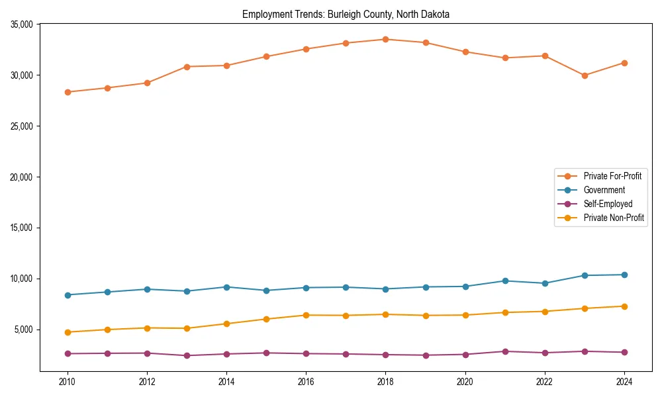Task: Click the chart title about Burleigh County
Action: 346,15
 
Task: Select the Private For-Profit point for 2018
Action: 385,39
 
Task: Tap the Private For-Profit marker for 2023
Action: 585,75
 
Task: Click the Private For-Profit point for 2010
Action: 68,92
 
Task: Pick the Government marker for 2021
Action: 505,281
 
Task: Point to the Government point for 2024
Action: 624,275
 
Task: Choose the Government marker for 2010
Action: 68,295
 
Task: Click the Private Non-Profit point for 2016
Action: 306,315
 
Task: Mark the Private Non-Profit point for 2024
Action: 624,306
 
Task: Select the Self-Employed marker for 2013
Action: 187,355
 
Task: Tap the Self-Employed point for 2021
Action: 505,351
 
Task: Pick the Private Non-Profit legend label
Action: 614,218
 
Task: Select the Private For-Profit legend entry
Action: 612,176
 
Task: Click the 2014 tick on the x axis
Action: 226,381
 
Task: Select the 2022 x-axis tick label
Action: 545,381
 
